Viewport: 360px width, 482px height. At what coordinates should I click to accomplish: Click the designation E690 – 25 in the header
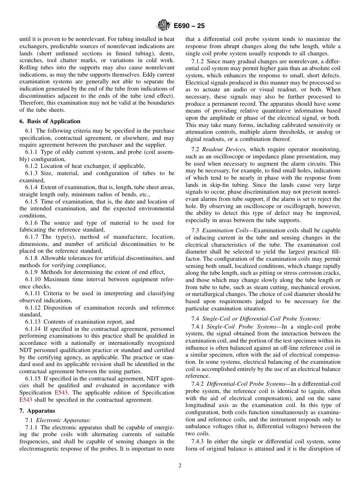pos(189,26)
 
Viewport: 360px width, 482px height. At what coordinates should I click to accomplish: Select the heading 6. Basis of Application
pos(50,121)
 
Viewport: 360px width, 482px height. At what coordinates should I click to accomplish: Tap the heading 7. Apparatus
pos(37,411)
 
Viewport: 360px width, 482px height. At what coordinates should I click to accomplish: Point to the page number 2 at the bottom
pos(180,466)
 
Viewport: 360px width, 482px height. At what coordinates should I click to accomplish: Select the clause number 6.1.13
pos(34,322)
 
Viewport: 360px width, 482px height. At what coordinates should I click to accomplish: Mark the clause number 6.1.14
pos(34,329)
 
